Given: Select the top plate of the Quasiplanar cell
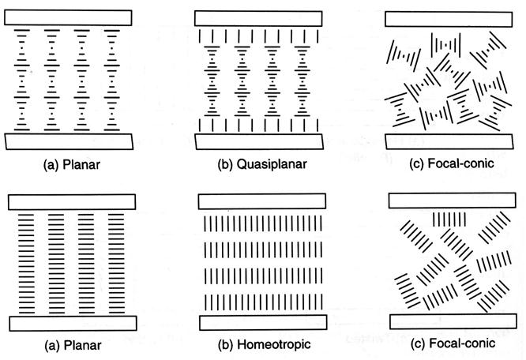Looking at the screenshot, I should coord(260,18).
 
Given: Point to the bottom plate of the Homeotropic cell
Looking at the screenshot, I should coord(260,324).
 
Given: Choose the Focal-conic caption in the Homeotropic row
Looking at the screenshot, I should coord(459,345).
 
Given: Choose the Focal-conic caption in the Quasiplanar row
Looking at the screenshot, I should coord(459,166).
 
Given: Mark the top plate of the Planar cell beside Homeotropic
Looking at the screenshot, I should coord(69,201).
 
